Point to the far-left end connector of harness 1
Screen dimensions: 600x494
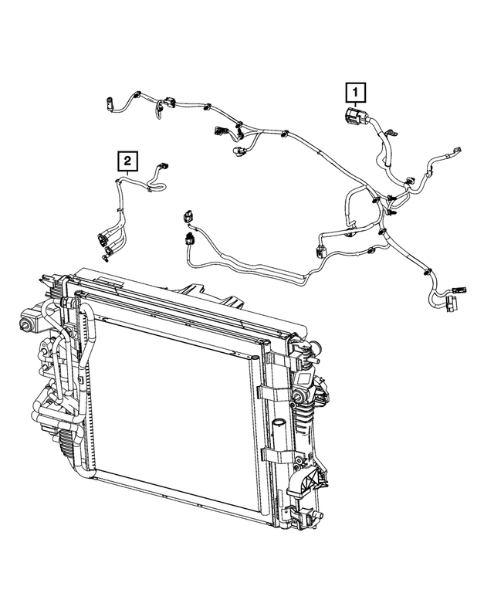[110, 101]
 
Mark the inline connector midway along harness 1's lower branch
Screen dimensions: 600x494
[321, 249]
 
